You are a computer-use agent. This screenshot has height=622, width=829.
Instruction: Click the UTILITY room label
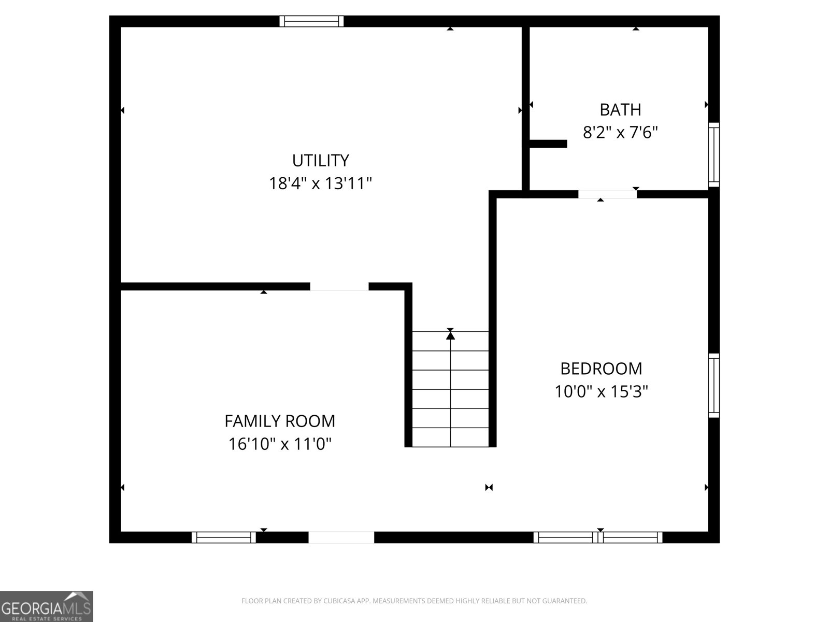click(x=320, y=161)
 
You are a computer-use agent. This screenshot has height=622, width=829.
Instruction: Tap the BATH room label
click(x=620, y=110)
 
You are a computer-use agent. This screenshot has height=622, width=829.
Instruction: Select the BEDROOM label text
click(x=601, y=369)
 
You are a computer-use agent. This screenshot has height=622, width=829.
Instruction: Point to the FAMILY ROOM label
click(x=280, y=421)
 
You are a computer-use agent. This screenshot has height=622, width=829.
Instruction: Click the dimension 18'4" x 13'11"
click(x=320, y=183)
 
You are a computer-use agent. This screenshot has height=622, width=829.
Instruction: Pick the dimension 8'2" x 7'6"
click(x=620, y=133)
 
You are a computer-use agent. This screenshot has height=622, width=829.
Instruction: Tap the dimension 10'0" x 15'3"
click(x=601, y=391)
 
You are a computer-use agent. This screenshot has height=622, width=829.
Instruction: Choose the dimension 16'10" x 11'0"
click(x=280, y=444)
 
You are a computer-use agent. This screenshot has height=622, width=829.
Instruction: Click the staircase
click(x=450, y=389)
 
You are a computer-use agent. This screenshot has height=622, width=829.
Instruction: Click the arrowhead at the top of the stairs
click(x=450, y=336)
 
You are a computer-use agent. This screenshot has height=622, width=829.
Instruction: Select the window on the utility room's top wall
click(x=311, y=21)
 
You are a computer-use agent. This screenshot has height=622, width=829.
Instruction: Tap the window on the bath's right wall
click(x=714, y=155)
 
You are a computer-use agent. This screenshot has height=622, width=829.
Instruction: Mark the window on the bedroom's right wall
click(x=714, y=385)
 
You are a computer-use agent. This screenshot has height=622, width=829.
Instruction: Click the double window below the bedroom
click(x=598, y=538)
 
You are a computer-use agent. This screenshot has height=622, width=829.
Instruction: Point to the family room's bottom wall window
click(x=224, y=538)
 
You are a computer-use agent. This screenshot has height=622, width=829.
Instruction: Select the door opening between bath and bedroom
click(x=607, y=194)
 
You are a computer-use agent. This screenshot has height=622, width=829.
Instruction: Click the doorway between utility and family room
click(x=339, y=287)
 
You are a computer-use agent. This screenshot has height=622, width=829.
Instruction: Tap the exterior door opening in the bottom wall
click(x=341, y=538)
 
